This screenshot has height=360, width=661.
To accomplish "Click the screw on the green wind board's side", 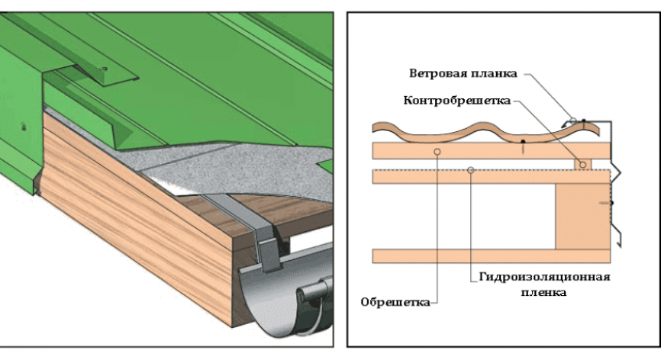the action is [x=24, y=127].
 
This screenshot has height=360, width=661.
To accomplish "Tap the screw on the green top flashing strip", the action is [x=104, y=69].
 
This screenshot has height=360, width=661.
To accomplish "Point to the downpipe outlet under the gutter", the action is [x=313, y=291].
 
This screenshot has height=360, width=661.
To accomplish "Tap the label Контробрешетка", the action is [x=457, y=101].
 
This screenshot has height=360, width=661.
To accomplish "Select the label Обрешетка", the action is [x=395, y=302].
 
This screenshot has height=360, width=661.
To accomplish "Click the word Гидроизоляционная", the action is [x=545, y=278].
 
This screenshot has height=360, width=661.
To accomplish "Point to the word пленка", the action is [x=543, y=293].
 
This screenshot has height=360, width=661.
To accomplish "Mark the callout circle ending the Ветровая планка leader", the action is [x=573, y=121].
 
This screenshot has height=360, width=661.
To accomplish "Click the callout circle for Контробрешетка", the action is [x=582, y=165].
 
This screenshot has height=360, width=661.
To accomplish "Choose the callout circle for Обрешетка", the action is [x=437, y=151].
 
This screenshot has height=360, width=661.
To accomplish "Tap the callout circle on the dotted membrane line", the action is [x=471, y=169].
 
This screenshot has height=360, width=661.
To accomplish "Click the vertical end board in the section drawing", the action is [x=582, y=217].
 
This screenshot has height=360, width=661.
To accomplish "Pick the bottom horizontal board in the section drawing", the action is [x=491, y=256].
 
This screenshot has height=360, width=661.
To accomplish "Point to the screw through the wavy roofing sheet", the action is [x=523, y=146].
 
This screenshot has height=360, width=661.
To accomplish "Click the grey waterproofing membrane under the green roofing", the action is [x=236, y=169].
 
